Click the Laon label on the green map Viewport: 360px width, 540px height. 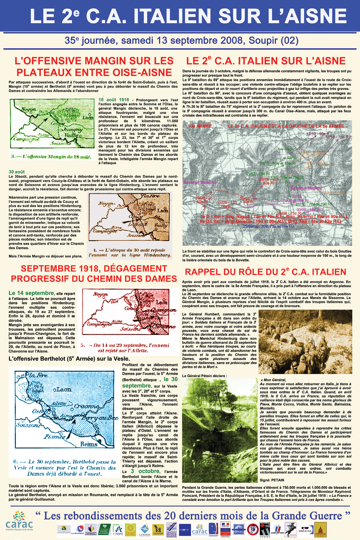(x=88, y=117)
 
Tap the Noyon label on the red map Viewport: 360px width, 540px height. (x=100, y=295)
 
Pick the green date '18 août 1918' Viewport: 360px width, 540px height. (x=114, y=100)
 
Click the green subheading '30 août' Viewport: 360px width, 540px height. (x=17, y=172)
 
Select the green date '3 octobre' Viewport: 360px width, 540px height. (x=145, y=471)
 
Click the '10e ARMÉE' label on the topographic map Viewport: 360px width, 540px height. (x=200, y=126)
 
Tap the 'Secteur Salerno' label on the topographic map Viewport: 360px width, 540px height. (x=200, y=183)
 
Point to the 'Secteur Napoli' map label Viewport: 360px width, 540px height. (x=306, y=188)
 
